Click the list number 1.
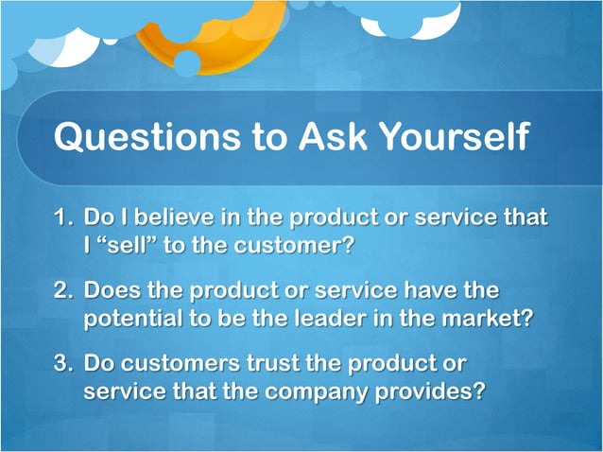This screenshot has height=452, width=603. point(63,217)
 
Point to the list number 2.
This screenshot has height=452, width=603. point(63,289)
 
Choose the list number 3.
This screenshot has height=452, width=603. point(63,362)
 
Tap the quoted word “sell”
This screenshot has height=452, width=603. point(130,245)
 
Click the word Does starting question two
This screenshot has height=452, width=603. point(113,289)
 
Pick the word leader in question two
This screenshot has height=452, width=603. point(330,318)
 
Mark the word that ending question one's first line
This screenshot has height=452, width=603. point(525,217)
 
